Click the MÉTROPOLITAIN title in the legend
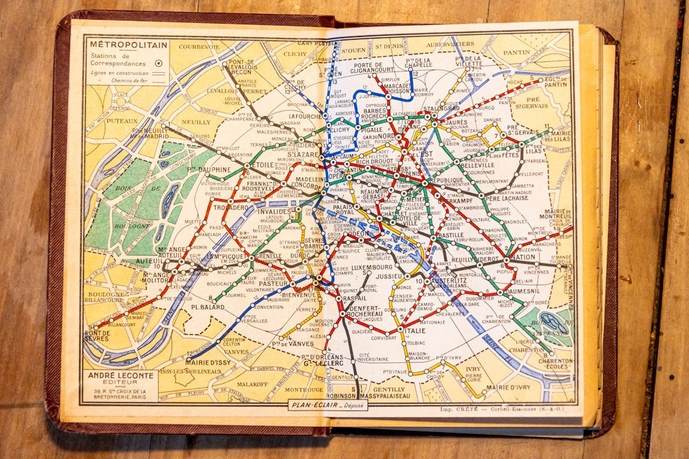(x=128, y=45)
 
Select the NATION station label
(x=522, y=257)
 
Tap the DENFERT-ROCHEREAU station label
(x=364, y=311)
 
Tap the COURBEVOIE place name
(x=199, y=47)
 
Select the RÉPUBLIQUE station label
(x=446, y=181)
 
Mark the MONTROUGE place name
(x=303, y=389)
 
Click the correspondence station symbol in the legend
(x=158, y=63)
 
